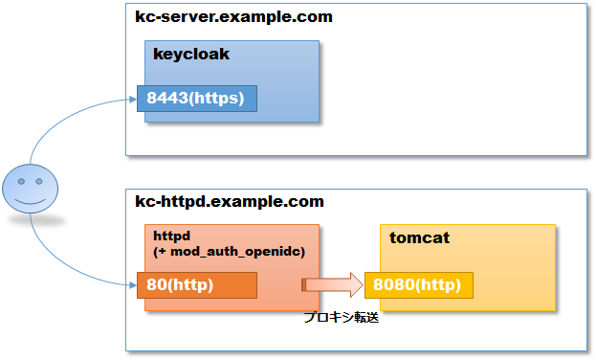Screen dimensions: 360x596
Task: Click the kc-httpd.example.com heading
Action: click(230, 201)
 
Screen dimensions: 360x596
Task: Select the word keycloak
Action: click(191, 55)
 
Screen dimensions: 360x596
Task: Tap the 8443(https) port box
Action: click(196, 99)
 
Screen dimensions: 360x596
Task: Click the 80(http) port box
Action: click(196, 284)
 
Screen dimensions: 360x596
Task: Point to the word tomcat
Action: click(419, 237)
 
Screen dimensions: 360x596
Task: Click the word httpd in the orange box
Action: click(172, 235)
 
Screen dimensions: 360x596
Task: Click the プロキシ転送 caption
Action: click(342, 318)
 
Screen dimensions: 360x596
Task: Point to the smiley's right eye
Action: click(37, 181)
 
